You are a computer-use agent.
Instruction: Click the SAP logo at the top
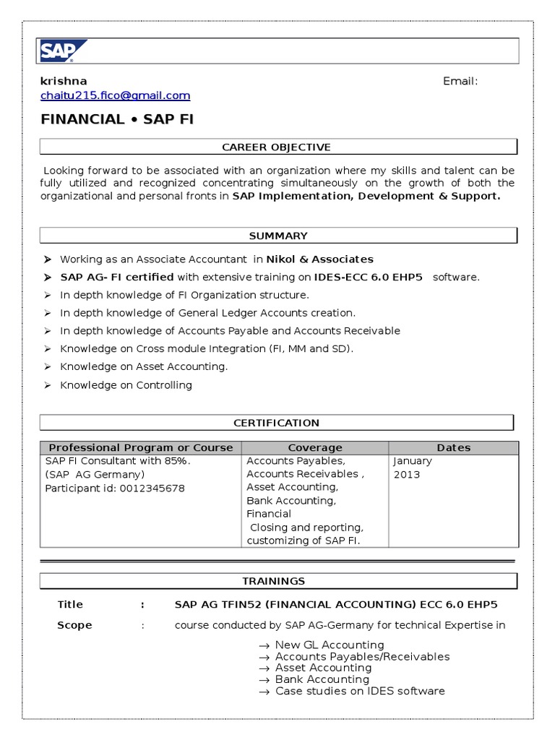coord(64,51)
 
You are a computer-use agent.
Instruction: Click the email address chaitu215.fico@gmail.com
coord(115,95)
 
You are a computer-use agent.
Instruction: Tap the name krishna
coord(63,81)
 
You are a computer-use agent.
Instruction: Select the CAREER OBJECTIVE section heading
coord(277,147)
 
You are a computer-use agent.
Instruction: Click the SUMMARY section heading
coord(277,236)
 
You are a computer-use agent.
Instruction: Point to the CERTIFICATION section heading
coord(276,423)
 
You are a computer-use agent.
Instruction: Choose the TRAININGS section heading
coord(277,581)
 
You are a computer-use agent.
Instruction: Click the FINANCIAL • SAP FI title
coord(117,119)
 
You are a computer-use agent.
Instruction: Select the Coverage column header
coord(314,447)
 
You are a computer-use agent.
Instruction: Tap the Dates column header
coord(453,447)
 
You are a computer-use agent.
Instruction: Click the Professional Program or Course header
coord(141,447)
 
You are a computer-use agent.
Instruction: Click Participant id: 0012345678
coord(115,489)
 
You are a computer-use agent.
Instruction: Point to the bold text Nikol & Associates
coord(319,259)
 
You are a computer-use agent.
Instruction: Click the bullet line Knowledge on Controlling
coord(126,385)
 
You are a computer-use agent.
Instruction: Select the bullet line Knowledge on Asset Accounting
coord(143,367)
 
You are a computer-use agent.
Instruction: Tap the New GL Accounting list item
coord(330,645)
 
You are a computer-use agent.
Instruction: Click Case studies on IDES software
coord(360,691)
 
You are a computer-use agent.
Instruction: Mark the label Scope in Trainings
coord(74,625)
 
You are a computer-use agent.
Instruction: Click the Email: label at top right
coord(460,81)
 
